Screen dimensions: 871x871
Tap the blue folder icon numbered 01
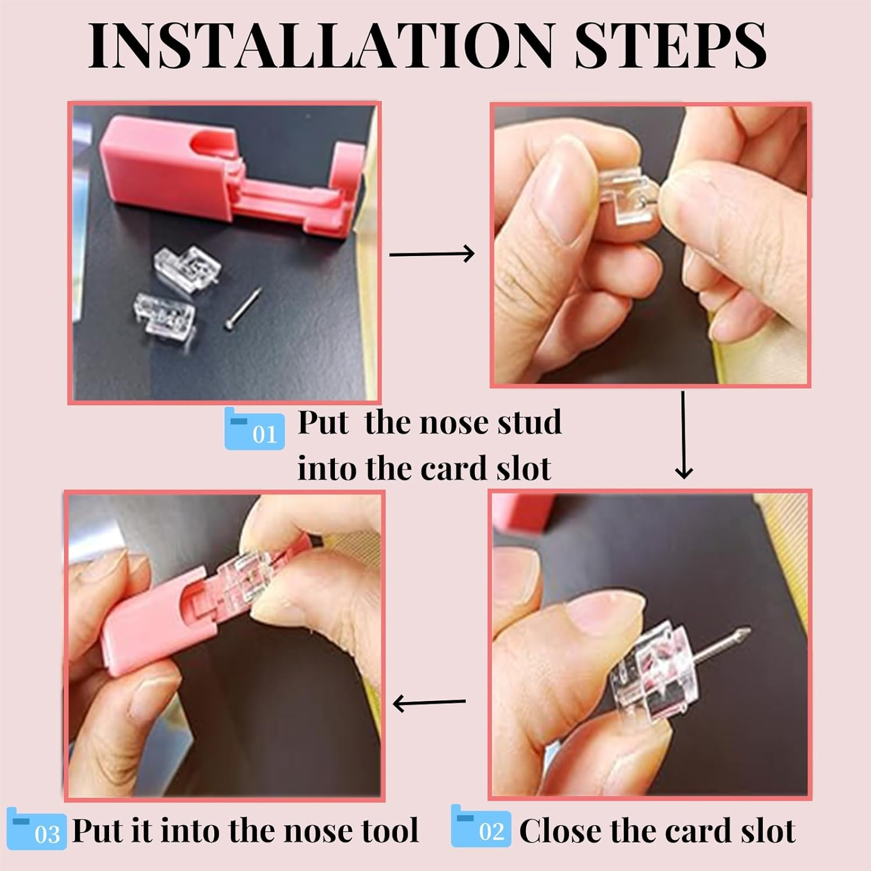pyautogui.click(x=254, y=430)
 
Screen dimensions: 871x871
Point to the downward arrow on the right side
pyautogui.click(x=684, y=435)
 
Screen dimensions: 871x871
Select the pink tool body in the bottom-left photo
pyautogui.click(x=151, y=616)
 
